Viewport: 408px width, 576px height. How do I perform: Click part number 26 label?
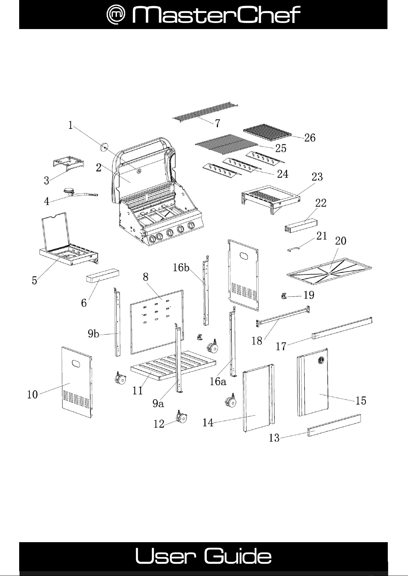310,138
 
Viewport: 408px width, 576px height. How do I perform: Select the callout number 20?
340,241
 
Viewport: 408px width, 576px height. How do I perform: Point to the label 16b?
181,267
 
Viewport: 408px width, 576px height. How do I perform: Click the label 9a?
158,404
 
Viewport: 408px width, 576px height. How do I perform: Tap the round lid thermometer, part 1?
103,147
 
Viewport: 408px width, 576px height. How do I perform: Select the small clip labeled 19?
284,296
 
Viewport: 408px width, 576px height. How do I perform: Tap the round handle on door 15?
322,360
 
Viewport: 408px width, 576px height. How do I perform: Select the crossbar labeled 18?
283,316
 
